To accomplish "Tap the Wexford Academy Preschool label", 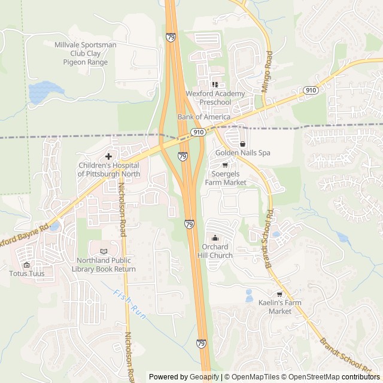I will click(x=215, y=98).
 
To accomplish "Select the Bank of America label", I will click(x=203, y=117).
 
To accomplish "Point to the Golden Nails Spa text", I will click(x=243, y=153).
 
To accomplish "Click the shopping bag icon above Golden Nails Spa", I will click(x=242, y=144).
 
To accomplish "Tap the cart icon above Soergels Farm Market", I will click(x=225, y=165).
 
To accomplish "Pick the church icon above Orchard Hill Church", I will click(x=215, y=238).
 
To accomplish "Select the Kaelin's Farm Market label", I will click(x=279, y=306).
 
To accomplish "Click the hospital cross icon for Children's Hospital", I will click(x=108, y=156).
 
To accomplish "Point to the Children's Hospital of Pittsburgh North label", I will click(x=108, y=169).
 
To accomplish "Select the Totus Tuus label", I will click(x=26, y=273).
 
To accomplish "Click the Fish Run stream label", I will click(x=127, y=303).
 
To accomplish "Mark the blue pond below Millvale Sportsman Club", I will click(x=46, y=92).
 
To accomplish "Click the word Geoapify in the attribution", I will click(x=205, y=377).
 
